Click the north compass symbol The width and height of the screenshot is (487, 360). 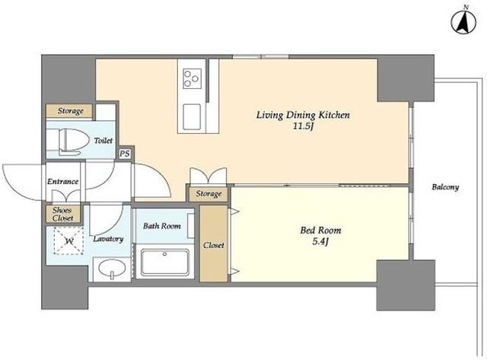(464, 21)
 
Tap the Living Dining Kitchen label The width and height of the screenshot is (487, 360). (303, 115)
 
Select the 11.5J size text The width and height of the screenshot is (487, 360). (303, 127)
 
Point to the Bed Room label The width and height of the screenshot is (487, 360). (320, 231)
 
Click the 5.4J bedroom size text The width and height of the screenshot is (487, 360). (320, 242)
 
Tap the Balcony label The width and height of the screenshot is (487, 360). (445, 187)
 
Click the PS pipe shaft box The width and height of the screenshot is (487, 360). (125, 154)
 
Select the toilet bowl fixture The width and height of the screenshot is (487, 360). (73, 142)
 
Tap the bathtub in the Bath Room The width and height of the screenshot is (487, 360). (165, 262)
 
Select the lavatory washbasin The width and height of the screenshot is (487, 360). (112, 269)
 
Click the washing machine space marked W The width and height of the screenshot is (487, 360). (68, 241)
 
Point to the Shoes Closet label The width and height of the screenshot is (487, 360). (62, 214)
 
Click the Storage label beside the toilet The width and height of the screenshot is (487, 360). (71, 111)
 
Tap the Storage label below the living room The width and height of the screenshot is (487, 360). (208, 194)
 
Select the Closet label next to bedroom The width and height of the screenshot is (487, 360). (214, 245)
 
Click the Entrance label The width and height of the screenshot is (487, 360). (62, 181)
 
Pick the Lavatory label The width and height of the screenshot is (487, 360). (108, 239)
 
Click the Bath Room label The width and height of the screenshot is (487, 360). (162, 226)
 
